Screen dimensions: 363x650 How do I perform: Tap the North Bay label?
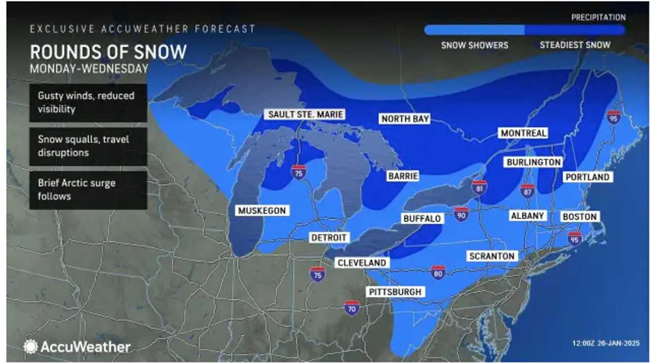[405, 119]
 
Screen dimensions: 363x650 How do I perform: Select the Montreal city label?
[523, 133]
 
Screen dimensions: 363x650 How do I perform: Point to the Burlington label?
[533, 162]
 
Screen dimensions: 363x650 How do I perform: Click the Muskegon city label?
[262, 210]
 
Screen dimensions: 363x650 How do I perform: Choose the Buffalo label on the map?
[421, 218]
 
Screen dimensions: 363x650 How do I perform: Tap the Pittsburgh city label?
[395, 292]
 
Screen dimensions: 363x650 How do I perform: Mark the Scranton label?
[492, 256]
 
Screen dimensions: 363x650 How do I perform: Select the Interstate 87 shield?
[527, 190]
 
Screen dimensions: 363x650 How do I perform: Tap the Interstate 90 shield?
[461, 213]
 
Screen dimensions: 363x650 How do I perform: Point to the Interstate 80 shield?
[437, 272]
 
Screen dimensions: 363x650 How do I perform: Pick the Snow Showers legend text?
[474, 45]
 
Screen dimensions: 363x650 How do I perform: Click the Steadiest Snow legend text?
[575, 45]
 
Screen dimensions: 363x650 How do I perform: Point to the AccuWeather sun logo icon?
[30, 347]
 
